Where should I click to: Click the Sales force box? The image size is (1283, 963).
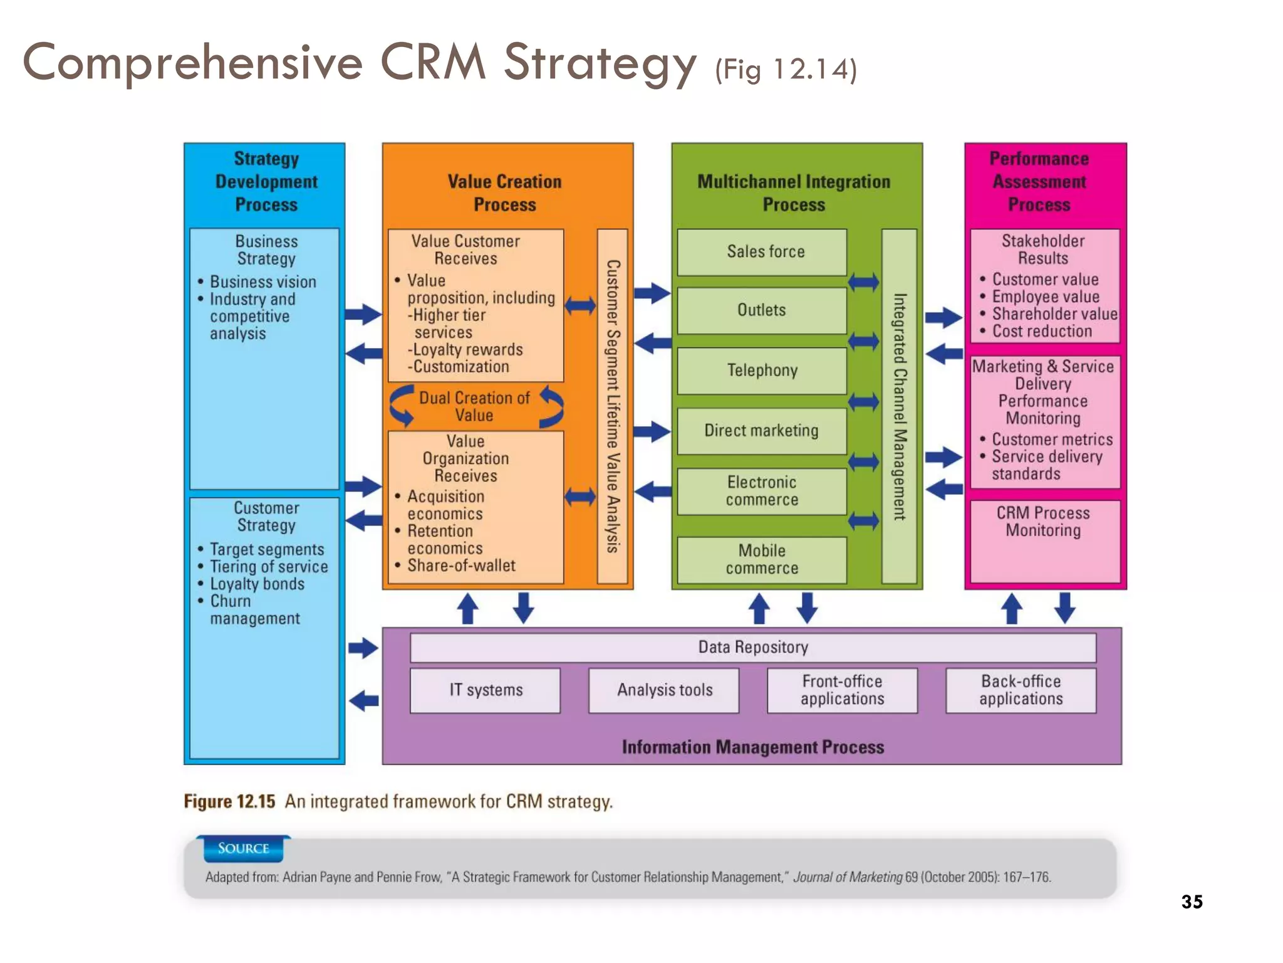[762, 252]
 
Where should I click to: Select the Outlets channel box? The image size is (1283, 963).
[762, 310]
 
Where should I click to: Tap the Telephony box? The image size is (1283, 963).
[762, 371]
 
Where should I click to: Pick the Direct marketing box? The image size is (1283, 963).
[762, 431]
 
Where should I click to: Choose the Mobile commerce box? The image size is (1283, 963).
[762, 560]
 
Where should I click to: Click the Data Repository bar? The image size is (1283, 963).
[753, 647]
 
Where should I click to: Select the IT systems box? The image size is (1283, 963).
[486, 690]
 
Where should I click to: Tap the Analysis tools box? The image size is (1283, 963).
[664, 690]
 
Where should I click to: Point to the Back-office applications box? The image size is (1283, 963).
[1021, 690]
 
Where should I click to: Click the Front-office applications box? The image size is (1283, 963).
[842, 690]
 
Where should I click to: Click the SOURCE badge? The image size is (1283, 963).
[243, 849]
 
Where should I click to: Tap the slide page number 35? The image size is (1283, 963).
[1192, 902]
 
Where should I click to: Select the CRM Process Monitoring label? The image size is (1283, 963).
[1043, 522]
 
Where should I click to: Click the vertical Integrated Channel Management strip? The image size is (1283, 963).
[900, 406]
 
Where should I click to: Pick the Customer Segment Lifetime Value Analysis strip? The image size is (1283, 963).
[613, 406]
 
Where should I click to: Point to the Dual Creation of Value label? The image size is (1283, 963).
[474, 406]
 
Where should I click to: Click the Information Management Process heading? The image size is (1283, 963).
[753, 747]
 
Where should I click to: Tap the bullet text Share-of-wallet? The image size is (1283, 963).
[461, 566]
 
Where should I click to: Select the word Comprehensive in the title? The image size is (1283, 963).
[193, 63]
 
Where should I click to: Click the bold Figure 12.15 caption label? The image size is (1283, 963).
[229, 802]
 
